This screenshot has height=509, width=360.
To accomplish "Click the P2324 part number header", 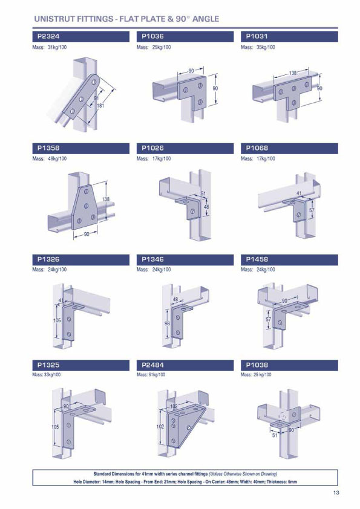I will (48, 37).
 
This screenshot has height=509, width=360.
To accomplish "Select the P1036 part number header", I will (152, 37).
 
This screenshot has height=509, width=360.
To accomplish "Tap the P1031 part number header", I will (257, 37).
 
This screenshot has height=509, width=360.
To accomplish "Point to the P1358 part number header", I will (48, 148).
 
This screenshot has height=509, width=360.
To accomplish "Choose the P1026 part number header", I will (152, 148).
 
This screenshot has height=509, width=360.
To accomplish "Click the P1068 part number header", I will (257, 148).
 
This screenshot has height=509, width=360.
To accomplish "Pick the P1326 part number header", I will (48, 259).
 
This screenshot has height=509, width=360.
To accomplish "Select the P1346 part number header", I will (152, 259).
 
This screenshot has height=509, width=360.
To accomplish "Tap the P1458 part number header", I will (257, 259).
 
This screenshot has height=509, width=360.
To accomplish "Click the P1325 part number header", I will (48, 365).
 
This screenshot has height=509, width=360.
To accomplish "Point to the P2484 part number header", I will (152, 365).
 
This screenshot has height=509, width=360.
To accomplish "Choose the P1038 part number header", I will (257, 365).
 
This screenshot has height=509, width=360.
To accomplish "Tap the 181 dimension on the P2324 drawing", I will (100, 106).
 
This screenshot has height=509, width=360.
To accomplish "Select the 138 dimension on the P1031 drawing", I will (293, 73).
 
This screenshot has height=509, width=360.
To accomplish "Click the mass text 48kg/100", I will (57, 159).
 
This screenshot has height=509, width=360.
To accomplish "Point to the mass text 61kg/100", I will (161, 375).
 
